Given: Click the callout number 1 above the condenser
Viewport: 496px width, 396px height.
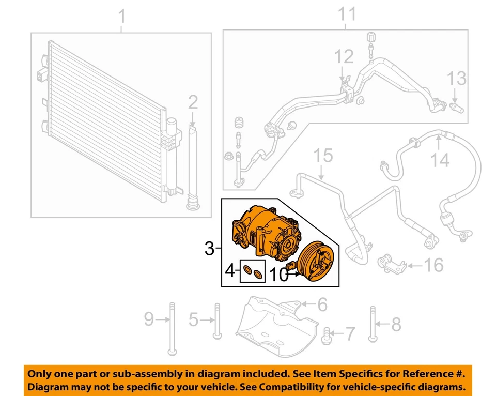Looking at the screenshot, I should pos(122,18).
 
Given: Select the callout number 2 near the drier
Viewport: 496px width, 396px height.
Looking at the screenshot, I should pos(192,103).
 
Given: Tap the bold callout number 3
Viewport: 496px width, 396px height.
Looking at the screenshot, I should pos(209,249).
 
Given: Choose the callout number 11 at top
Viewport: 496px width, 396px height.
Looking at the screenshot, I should pos(347,14).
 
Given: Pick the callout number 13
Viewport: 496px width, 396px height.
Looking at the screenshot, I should pos(456,79).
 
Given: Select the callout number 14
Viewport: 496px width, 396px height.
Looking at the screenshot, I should pos(441,161).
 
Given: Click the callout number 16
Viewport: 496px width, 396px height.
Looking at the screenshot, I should pos(433,266).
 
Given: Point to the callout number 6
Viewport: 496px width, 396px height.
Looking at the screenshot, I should pos(322,305).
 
